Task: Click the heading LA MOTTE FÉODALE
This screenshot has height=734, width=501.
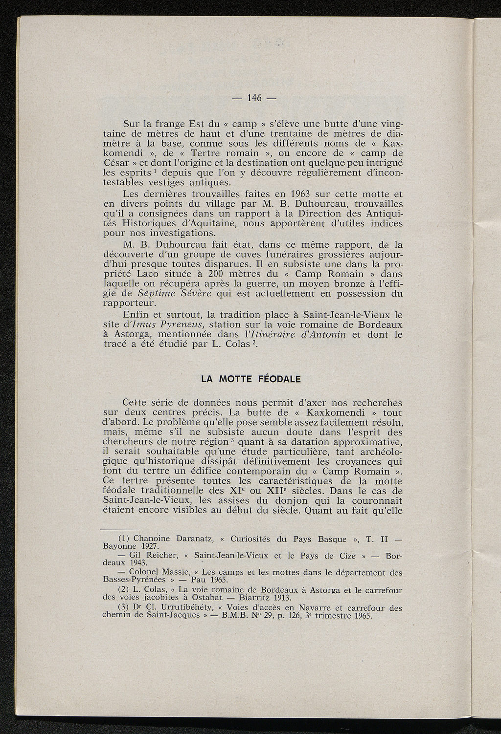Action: tap(251, 379)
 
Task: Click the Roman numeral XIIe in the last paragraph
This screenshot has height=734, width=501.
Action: tap(279, 491)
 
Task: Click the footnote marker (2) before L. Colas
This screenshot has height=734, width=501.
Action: tap(126, 590)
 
